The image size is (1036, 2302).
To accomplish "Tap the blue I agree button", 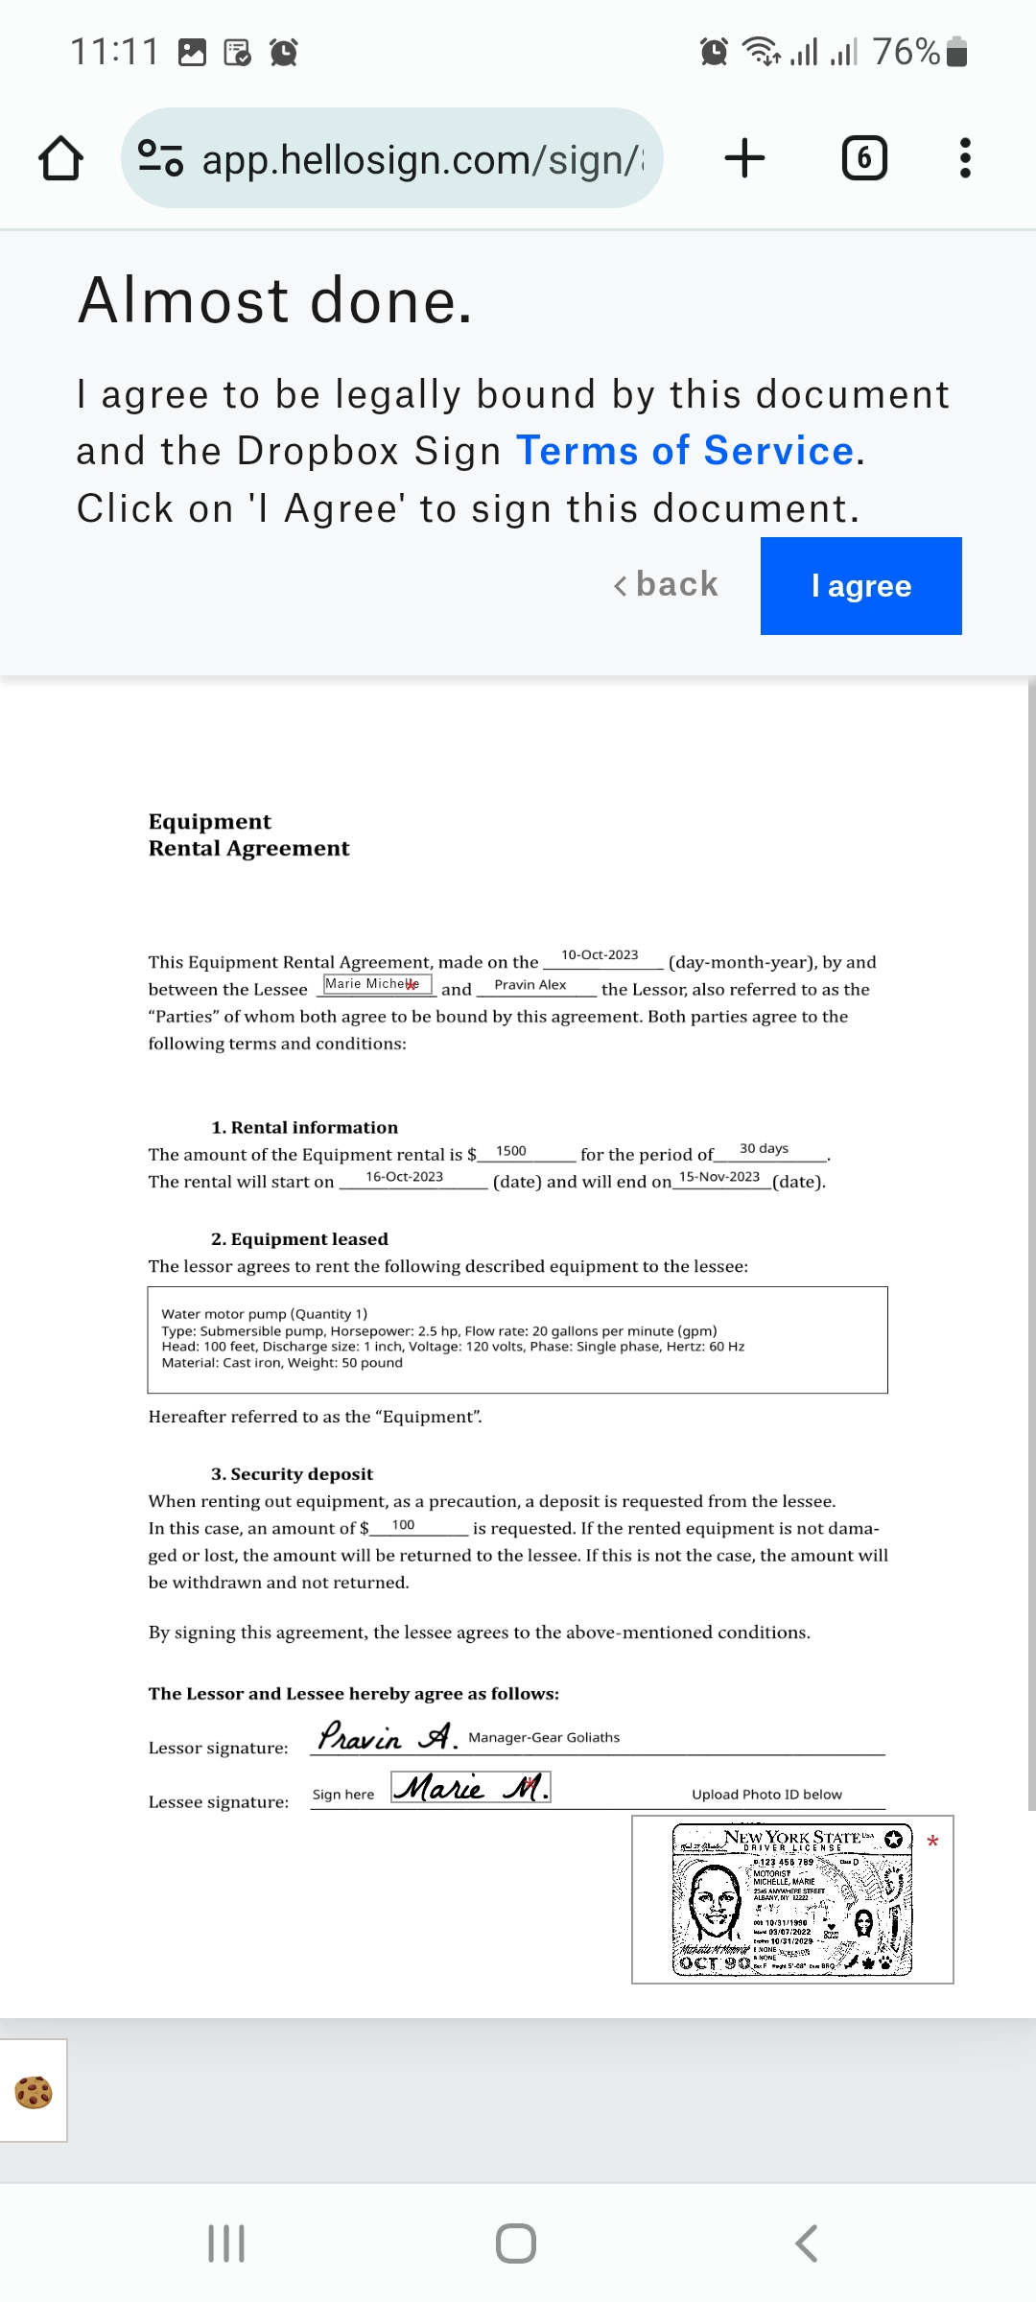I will pos(860,586).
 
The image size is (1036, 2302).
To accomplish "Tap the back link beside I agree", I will pos(667,584).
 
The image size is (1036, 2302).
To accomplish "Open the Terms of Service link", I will pos(685,451).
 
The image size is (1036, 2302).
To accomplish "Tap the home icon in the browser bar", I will pos(60,158).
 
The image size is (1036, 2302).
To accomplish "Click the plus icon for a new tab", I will pos(744,158).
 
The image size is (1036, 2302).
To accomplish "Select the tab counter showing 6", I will pos(863,158).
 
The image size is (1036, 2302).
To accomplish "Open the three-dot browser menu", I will pos(965,158).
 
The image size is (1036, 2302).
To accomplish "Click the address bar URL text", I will pos(422,160).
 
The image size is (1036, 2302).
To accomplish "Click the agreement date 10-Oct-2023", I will pos(600,955).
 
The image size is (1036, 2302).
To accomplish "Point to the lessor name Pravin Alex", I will pos(530,985).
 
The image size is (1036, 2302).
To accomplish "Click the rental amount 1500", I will pos(511,1151).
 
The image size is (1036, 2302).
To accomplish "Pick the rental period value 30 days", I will pos(764,1149).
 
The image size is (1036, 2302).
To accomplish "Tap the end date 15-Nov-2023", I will pos(719,1177).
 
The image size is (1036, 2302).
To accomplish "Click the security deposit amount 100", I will pos(403,1525).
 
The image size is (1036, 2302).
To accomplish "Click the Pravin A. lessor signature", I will pos(388,1736).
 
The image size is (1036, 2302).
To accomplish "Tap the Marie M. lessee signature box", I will pos(471,1787).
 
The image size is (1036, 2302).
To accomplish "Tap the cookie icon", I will pos(34,2091).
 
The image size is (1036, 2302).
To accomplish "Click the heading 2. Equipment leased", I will pos(299,1239).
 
